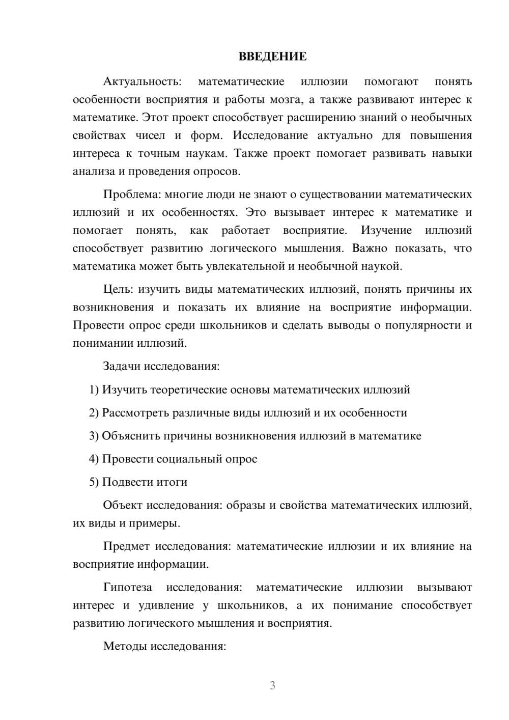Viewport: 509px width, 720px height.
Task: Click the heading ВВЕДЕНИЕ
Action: (272, 57)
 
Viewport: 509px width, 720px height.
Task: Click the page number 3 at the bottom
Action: (272, 685)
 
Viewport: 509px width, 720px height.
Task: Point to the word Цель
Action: (118, 290)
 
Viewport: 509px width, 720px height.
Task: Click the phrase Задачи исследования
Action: (161, 366)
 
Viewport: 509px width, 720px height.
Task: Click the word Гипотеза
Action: (128, 588)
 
